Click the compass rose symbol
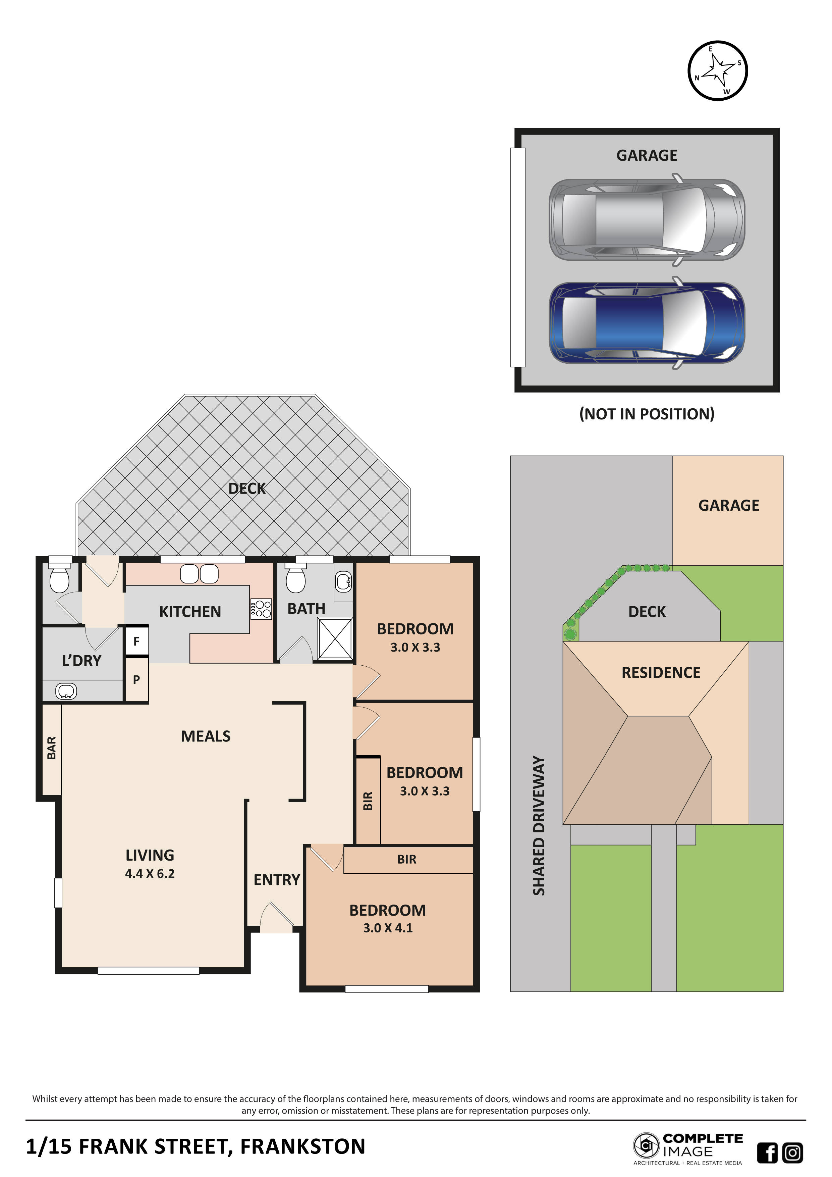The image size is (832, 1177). [717, 71]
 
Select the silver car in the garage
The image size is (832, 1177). [647, 220]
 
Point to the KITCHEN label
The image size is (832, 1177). [190, 612]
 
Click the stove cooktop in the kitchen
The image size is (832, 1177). [261, 609]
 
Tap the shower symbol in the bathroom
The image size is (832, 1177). [335, 638]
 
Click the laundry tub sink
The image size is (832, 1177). [66, 691]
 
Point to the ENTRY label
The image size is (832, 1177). [277, 880]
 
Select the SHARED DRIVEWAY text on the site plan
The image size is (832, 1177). [539, 825]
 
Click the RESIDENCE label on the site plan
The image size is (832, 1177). [661, 673]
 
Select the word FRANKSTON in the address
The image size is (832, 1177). [303, 1147]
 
